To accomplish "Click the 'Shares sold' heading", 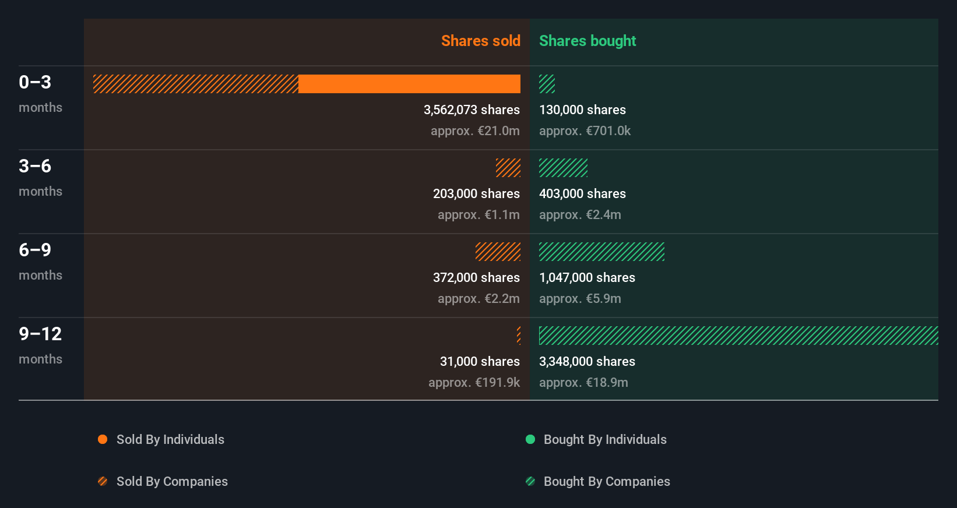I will [x=480, y=41].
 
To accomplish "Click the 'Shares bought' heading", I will [x=587, y=41].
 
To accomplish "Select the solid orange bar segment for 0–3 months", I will [x=409, y=84].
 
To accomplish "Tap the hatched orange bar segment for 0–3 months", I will [x=196, y=84].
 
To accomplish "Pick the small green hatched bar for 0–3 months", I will [x=547, y=84].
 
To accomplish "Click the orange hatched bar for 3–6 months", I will [x=508, y=168].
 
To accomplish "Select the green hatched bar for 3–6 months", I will [x=563, y=168].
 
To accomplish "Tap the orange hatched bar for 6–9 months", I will [x=498, y=252].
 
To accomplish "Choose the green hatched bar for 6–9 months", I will [x=601, y=252].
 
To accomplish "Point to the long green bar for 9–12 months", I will [x=738, y=336].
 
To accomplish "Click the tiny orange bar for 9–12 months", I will [x=519, y=336].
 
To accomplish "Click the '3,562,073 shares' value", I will [x=472, y=110].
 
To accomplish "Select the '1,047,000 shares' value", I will [x=587, y=277].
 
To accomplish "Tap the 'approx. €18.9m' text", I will [x=583, y=382].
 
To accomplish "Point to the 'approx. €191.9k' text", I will [x=474, y=382].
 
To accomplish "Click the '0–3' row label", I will [x=35, y=82].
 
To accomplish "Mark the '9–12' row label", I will [x=40, y=334].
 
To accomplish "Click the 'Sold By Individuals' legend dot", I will [x=103, y=439].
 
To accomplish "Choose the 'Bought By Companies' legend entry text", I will [x=607, y=481].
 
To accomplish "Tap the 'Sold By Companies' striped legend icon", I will [x=103, y=481].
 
